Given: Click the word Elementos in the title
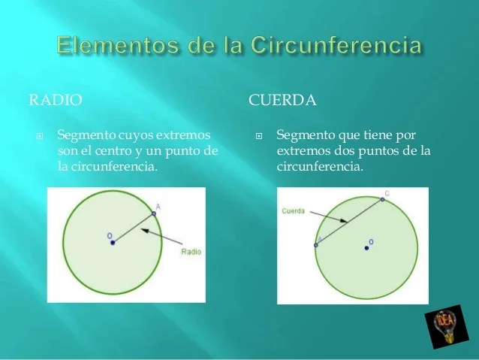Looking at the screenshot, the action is pos(117,45).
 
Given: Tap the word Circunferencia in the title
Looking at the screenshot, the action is pos(336,45).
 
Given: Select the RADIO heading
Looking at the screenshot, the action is pos(56,100).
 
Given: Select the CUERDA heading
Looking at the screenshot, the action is pos(282,100).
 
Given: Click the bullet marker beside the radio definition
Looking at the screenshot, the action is pos(39,136).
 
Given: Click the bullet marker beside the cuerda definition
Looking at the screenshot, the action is pos(259,136).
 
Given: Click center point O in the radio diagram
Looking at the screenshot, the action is pos(113,243).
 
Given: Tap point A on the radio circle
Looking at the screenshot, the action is pos(154,213).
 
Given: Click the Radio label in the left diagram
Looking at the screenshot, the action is pos(191,252).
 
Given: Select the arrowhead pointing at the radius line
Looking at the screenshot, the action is pos(145,230).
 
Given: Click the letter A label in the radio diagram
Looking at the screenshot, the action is pos(158,207).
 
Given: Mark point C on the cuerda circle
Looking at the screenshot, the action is pos(382,199).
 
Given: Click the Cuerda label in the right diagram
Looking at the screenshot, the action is pos(294,211).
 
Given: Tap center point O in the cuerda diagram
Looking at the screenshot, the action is pos(366,248).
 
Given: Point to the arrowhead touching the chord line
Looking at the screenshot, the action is pos(343,220).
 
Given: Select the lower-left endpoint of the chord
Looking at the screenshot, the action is pos(316,245).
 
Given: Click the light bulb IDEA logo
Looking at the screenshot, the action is pos(447,327).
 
